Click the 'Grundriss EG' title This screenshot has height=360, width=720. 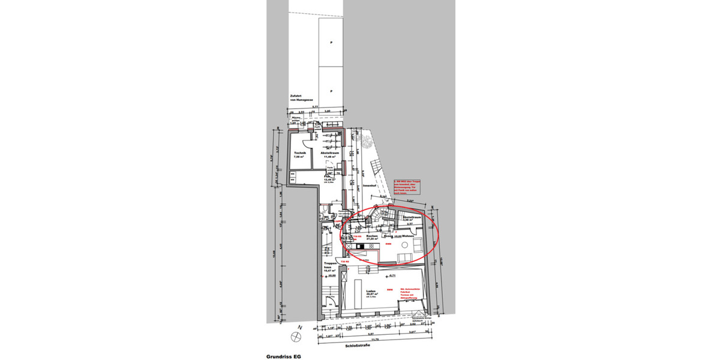[283, 356]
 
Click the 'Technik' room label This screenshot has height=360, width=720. [299, 154]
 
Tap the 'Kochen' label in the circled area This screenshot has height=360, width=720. [372, 236]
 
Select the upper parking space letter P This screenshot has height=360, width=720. [330, 43]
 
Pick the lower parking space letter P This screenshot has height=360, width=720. [330, 90]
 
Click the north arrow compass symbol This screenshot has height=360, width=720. [298, 328]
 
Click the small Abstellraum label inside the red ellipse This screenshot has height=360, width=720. [413, 218]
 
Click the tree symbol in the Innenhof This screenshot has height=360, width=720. [364, 140]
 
